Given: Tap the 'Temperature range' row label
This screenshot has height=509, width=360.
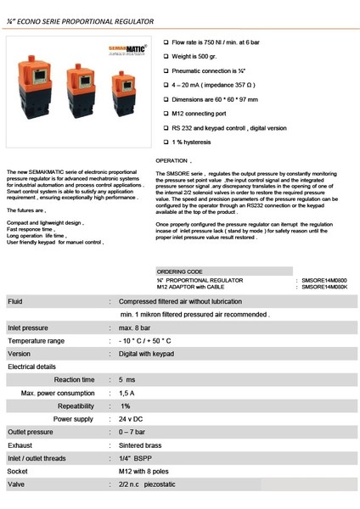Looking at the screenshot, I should [36, 340].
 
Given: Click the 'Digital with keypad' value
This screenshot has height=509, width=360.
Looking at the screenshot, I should [150, 353].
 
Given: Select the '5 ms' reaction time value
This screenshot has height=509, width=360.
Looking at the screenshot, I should [127, 379].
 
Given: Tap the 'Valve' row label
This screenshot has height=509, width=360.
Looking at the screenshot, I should [15, 485].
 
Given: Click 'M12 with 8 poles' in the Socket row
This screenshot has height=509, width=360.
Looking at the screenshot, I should [150, 472].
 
